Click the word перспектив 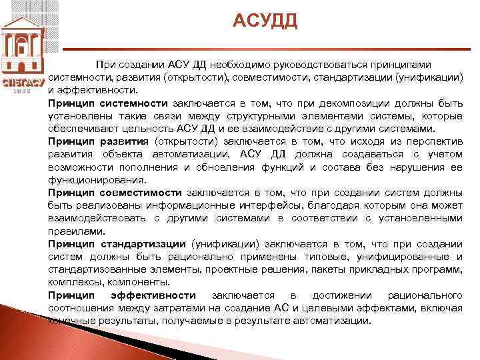point(432,142)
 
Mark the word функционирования point(96,180)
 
